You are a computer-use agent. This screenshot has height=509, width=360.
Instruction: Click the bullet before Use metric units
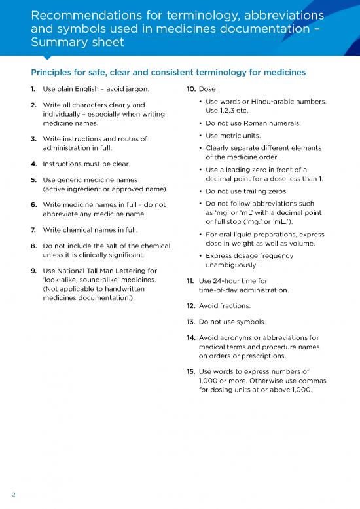point(199,136)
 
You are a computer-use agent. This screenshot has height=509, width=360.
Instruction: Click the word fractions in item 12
point(232,306)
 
